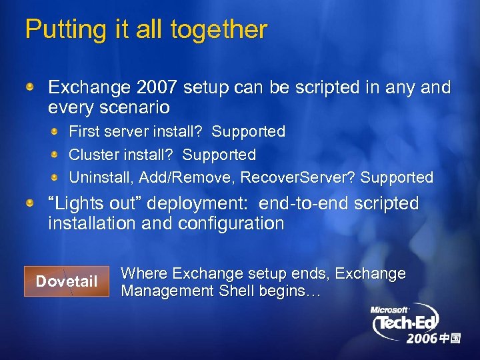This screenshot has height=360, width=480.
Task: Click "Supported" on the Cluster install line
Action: pyautogui.click(x=219, y=155)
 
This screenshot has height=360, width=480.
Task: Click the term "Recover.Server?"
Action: pyautogui.click(x=297, y=178)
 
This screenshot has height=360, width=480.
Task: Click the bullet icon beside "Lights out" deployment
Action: pyautogui.click(x=31, y=203)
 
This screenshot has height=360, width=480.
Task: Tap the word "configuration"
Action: pyautogui.click(x=230, y=223)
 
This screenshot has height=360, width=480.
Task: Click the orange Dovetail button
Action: pyautogui.click(x=66, y=281)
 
